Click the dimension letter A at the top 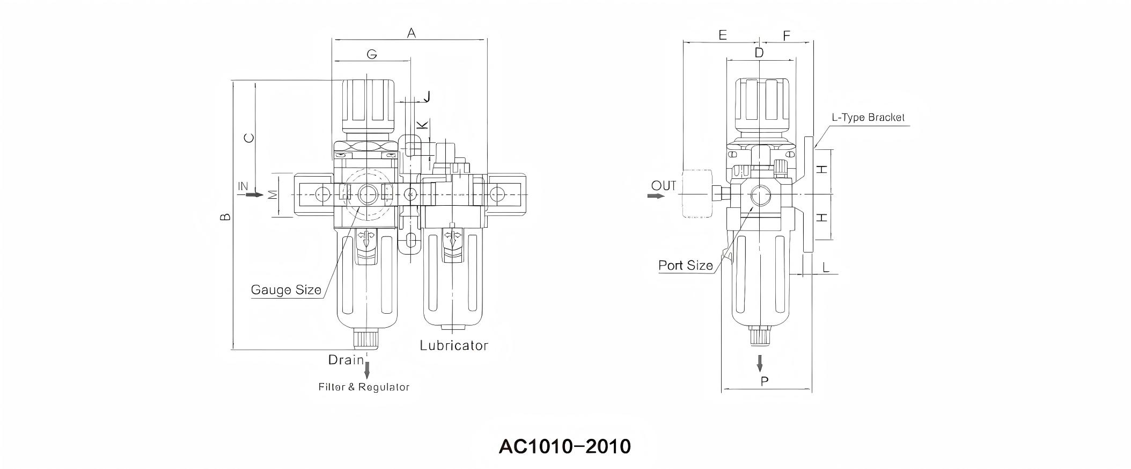coord(412,33)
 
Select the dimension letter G coord(371,54)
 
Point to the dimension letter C coord(249,138)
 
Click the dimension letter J coord(427,97)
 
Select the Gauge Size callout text coord(286,290)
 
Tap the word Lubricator coord(454,345)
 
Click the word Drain coord(346,360)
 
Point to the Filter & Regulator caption coord(364,387)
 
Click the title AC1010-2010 coord(565,446)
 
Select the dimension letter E coord(722,35)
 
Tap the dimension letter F coord(787,36)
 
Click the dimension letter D coord(759,53)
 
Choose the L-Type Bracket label coord(868,118)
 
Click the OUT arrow coord(656,196)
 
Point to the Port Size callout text coord(685,265)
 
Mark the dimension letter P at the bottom coord(765,381)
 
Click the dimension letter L coord(826,266)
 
